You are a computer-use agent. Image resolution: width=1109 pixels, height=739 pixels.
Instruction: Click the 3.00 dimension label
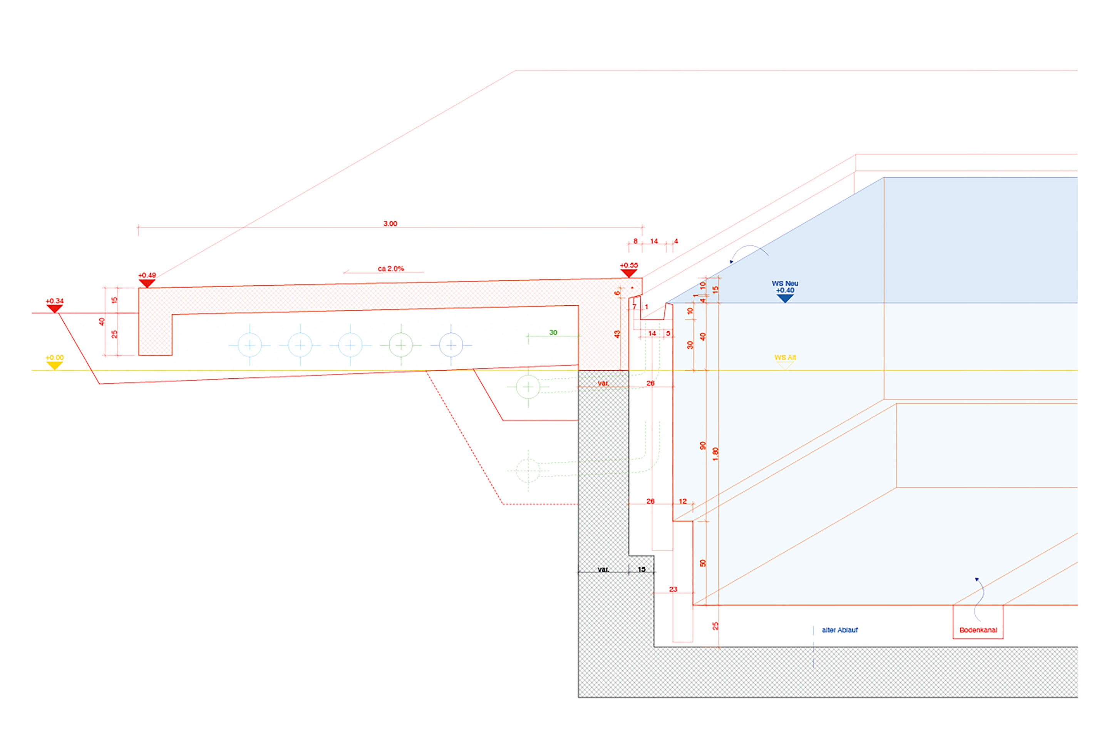pyautogui.click(x=390, y=223)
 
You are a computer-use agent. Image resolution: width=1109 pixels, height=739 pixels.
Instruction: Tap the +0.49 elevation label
pyautogui.click(x=147, y=275)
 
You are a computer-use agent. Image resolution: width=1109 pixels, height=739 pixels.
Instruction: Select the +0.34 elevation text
pyautogui.click(x=54, y=301)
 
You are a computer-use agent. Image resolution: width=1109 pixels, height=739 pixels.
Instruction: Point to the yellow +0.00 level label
pyautogui.click(x=54, y=358)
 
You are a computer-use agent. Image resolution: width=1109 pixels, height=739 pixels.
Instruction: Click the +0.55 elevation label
pyautogui.click(x=628, y=265)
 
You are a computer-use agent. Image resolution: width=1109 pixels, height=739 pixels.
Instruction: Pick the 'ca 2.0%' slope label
pyautogui.click(x=391, y=269)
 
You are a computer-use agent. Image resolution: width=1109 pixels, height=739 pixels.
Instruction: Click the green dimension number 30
pyautogui.click(x=553, y=332)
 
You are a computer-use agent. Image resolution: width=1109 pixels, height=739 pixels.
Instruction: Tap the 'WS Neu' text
pyautogui.click(x=785, y=283)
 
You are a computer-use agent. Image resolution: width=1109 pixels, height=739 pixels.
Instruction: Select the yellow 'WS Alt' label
pyautogui.click(x=785, y=357)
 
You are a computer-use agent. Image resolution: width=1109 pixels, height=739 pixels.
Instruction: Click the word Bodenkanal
pyautogui.click(x=978, y=630)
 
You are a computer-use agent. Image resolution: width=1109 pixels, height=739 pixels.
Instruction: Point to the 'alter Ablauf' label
pyautogui.click(x=840, y=630)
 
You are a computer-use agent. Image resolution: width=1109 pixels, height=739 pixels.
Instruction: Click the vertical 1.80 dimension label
pyautogui.click(x=715, y=454)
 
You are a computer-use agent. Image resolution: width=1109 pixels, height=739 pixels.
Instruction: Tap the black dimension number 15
pyautogui.click(x=641, y=569)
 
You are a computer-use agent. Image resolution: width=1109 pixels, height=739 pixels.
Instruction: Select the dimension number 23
pyautogui.click(x=673, y=589)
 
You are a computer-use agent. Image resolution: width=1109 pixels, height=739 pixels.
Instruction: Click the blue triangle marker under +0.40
pyautogui.click(x=785, y=298)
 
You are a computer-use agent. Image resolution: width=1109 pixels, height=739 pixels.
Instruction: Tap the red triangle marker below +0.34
pyautogui.click(x=55, y=308)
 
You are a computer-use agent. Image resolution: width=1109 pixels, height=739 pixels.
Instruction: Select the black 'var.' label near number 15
pyautogui.click(x=603, y=569)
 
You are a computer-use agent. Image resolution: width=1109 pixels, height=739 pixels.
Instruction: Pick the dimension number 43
pyautogui.click(x=617, y=334)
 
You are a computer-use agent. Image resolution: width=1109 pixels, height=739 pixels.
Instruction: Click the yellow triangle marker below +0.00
pyautogui.click(x=55, y=365)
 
